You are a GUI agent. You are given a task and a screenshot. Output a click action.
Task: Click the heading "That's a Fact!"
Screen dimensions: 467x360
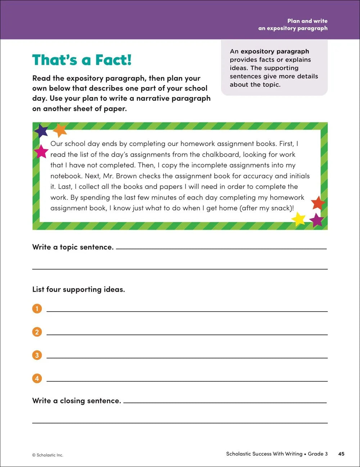[x=82, y=60]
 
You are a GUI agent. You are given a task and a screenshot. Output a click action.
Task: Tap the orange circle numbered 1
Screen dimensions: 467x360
[x=37, y=309]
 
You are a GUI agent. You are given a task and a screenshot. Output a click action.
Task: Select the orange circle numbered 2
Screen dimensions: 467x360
[x=37, y=332]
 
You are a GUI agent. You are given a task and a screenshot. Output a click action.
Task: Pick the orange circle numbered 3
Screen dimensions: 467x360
[x=37, y=355]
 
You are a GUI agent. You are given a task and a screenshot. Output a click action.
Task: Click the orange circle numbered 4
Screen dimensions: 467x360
[x=37, y=378]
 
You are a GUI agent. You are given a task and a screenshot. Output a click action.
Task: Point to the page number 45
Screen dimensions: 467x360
[x=341, y=454]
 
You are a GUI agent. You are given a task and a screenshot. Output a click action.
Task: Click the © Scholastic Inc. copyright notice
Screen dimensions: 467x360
[x=48, y=455]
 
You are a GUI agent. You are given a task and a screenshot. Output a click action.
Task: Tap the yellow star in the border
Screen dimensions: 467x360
[x=298, y=219]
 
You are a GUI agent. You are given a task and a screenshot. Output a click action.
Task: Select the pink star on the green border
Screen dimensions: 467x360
[x=41, y=151]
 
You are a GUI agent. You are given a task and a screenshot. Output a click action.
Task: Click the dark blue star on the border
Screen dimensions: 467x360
[x=41, y=131]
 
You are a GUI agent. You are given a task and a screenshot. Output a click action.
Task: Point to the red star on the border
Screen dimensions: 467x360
[x=318, y=203]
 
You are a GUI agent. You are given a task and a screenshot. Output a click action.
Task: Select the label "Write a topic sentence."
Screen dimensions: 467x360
[x=73, y=247]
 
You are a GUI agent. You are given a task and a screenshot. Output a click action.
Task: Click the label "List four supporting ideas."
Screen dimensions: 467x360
[x=78, y=289]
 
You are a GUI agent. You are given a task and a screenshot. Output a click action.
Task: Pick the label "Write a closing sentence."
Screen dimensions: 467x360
[x=77, y=401]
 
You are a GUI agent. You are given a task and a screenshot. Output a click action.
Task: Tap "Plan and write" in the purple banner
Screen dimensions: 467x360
[x=307, y=21]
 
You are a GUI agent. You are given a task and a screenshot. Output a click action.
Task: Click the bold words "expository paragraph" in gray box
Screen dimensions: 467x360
[x=275, y=51]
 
